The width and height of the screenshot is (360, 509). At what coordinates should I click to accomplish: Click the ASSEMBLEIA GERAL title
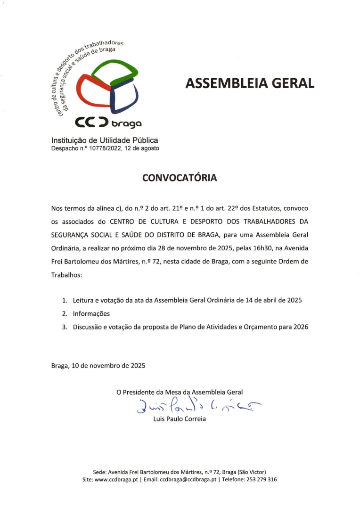click(x=249, y=83)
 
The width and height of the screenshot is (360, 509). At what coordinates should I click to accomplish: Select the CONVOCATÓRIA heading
click(x=180, y=178)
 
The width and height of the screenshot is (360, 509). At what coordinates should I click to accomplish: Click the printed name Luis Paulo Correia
click(x=180, y=419)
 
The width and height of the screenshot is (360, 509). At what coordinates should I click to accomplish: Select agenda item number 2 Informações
click(x=90, y=313)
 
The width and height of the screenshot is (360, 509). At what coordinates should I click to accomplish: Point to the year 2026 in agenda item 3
click(x=299, y=327)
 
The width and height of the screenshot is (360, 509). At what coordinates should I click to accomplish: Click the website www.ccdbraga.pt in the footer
click(x=122, y=479)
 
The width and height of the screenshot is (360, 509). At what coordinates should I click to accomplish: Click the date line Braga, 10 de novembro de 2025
click(x=98, y=365)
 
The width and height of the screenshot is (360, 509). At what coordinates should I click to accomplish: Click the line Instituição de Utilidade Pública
click(x=105, y=140)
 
